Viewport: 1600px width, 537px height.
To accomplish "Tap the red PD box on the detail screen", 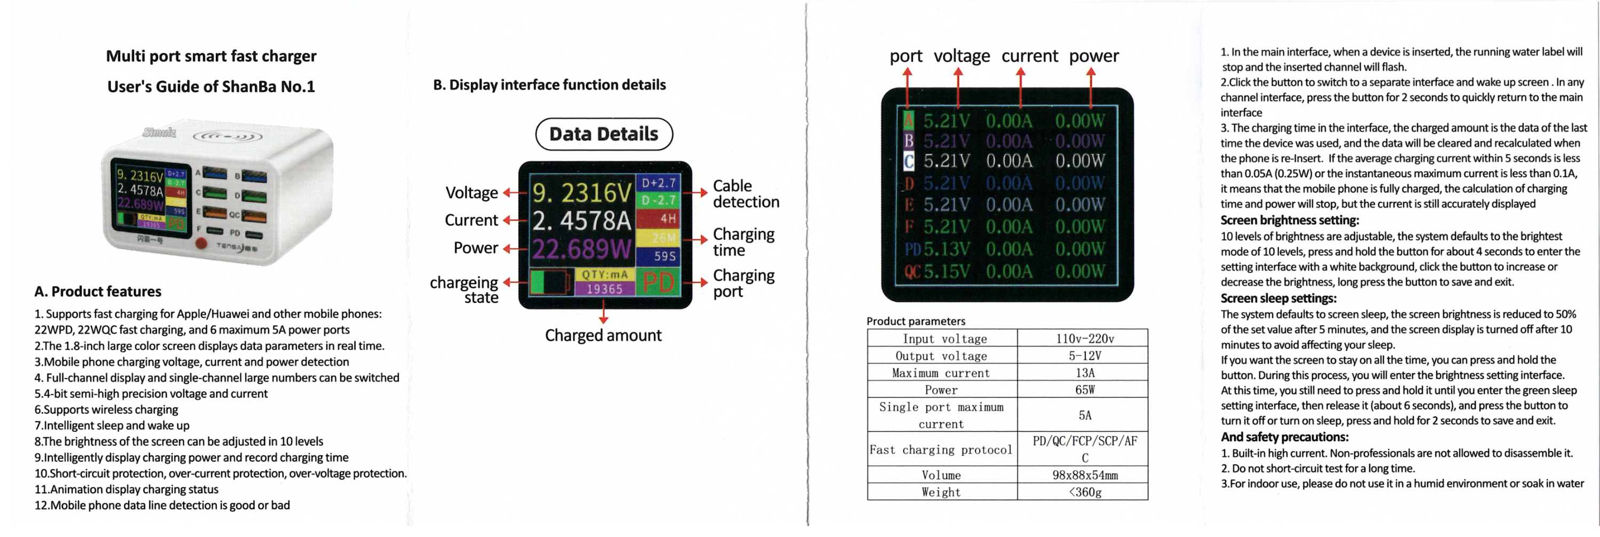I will tap(658, 282).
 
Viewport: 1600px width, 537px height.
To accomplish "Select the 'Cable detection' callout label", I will tap(746, 194).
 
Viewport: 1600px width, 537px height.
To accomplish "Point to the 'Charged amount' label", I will tap(603, 336).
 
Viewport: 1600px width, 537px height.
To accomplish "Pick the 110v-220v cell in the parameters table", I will tap(1084, 339).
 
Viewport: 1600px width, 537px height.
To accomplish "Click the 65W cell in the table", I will tap(1084, 390).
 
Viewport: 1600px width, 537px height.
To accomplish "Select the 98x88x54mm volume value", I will tap(1084, 476).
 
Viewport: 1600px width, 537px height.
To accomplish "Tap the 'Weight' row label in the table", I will tap(941, 492).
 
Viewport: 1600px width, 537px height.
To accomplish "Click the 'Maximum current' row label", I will tap(941, 373).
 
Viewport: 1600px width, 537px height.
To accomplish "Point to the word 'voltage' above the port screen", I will tap(962, 57).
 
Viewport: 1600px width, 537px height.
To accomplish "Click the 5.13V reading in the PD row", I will tap(946, 249).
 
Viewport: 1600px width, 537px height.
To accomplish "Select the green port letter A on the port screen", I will tap(909, 120).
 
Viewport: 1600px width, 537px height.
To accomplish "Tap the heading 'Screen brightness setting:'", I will tap(1290, 220).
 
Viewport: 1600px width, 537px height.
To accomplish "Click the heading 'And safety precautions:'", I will tap(1284, 437).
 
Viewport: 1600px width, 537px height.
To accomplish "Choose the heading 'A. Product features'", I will tap(98, 291).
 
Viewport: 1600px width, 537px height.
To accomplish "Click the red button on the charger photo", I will tap(201, 243).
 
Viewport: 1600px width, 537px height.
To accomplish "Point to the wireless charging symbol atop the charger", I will tap(227, 136).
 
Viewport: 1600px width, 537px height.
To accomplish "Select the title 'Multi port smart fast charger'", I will tap(211, 57).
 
